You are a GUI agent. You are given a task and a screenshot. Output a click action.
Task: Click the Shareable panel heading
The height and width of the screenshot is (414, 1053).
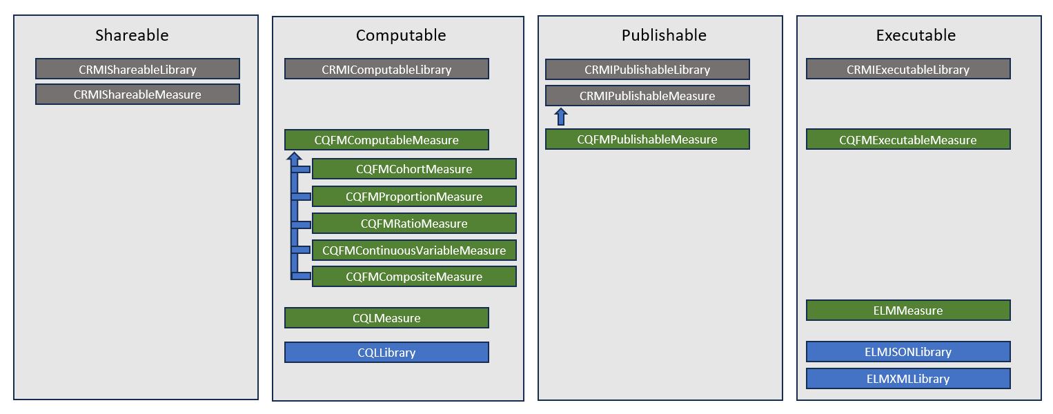click(x=131, y=35)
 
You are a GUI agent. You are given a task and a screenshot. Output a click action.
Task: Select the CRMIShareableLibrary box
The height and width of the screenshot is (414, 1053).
click(x=137, y=69)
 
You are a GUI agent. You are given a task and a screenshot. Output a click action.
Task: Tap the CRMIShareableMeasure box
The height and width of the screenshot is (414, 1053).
click(x=137, y=95)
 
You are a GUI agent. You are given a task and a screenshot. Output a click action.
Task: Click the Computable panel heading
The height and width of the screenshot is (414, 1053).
click(x=400, y=35)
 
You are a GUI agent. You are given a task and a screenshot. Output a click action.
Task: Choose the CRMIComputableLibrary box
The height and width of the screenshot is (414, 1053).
click(x=386, y=69)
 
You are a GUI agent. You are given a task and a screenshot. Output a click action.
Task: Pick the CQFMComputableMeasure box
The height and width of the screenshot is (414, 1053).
click(x=386, y=140)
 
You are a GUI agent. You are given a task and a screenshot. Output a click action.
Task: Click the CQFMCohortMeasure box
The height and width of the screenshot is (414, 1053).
click(x=414, y=169)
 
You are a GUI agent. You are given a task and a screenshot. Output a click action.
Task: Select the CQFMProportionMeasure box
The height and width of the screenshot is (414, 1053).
click(x=414, y=197)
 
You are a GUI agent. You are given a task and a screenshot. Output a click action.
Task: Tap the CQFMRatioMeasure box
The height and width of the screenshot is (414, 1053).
click(x=414, y=224)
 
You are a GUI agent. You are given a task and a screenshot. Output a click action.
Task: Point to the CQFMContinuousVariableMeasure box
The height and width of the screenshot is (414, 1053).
click(x=414, y=250)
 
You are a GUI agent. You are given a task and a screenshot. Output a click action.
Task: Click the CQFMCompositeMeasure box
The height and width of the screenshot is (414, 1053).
click(x=414, y=277)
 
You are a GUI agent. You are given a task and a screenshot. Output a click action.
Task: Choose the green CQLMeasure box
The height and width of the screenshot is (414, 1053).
click(x=386, y=318)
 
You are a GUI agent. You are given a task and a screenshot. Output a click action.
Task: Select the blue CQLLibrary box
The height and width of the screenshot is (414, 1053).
click(x=386, y=353)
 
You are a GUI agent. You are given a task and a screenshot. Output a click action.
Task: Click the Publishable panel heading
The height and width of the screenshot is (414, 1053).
click(x=663, y=35)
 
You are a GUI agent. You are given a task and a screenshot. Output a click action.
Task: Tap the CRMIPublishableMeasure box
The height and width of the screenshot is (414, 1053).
click(x=647, y=96)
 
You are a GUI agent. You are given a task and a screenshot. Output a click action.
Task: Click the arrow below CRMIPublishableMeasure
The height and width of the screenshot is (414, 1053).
click(x=561, y=117)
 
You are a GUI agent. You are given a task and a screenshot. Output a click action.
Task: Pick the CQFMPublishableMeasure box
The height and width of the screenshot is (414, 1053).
click(x=647, y=139)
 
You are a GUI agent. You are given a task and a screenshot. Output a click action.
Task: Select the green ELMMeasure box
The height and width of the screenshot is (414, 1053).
click(x=908, y=310)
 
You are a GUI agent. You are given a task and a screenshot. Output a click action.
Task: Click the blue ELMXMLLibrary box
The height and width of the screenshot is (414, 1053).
click(x=908, y=379)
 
